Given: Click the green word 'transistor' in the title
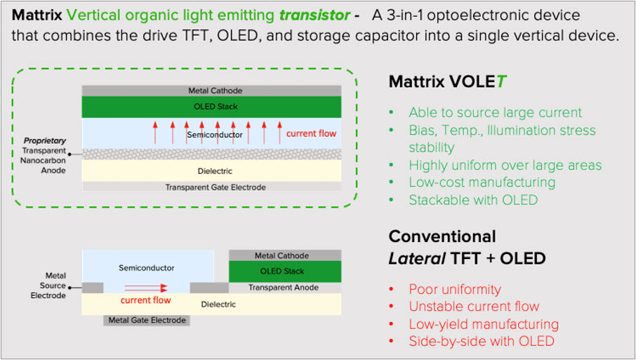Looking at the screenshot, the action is coord(314,15).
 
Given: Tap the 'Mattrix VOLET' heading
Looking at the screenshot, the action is coord(448,81).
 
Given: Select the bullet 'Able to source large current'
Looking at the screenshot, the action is coord(496,112).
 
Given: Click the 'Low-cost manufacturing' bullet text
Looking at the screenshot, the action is coord(482,182).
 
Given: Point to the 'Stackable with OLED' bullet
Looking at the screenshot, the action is coord(473,200).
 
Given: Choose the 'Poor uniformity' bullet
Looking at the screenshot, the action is coord(455,289).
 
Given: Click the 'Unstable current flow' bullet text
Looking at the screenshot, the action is coord(474,307).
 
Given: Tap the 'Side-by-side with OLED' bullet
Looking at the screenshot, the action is coord(482,341).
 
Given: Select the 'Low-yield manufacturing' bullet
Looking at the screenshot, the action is coord(484,324).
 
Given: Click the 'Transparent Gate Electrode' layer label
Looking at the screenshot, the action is coord(216,187).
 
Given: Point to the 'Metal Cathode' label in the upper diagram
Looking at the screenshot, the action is coord(216,91).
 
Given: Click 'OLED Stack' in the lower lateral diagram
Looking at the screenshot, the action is coord(282,271).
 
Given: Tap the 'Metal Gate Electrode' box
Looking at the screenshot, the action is coord(147,320).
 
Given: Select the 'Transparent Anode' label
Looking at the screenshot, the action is coord(284,288).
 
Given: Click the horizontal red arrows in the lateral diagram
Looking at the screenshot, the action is coord(145,288).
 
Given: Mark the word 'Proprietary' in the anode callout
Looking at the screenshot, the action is coord(45,140).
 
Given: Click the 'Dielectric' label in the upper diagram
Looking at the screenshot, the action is coord(215,171).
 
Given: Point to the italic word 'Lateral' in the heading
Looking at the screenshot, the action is coord(417,258).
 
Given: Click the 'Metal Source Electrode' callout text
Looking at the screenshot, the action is coord(48,286).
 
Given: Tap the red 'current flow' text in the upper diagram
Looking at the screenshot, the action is coord(311,133).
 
